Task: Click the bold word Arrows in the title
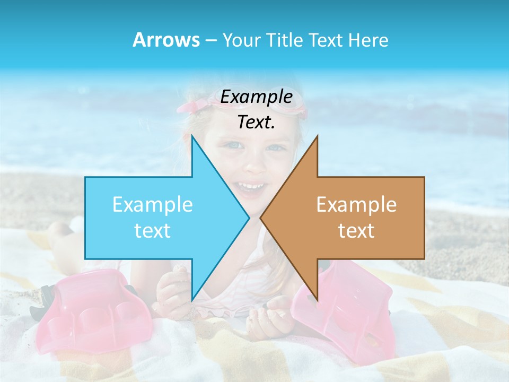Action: coord(166,40)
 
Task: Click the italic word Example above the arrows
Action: coord(256,97)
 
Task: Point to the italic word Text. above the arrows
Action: coord(256,122)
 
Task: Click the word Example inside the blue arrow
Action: coord(153,204)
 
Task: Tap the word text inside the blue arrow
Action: coord(153,231)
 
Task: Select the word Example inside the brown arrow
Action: coord(356,204)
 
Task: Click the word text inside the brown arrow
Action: coord(356,231)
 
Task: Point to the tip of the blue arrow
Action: coord(248,218)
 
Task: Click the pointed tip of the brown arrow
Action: coord(261,218)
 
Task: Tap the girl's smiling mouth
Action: coord(251,187)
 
